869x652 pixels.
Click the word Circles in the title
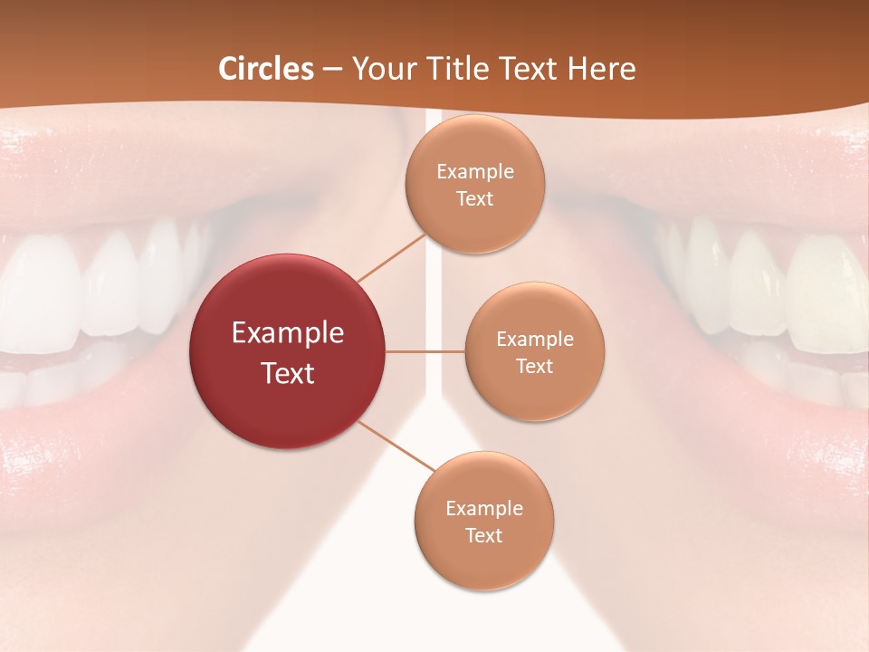[x=265, y=69]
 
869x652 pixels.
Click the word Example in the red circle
[x=288, y=333]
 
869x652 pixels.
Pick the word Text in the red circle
[x=288, y=373]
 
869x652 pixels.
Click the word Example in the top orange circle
[x=475, y=172]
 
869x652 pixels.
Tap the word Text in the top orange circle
[x=475, y=199]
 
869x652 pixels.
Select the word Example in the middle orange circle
[x=535, y=340]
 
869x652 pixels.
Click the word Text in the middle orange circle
[x=535, y=367]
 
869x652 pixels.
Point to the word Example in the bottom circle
[x=484, y=509]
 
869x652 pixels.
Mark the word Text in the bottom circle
[x=484, y=536]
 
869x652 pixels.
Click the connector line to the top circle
[x=391, y=258]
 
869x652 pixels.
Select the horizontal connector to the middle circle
[x=425, y=351]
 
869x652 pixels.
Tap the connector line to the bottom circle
[x=396, y=446]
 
